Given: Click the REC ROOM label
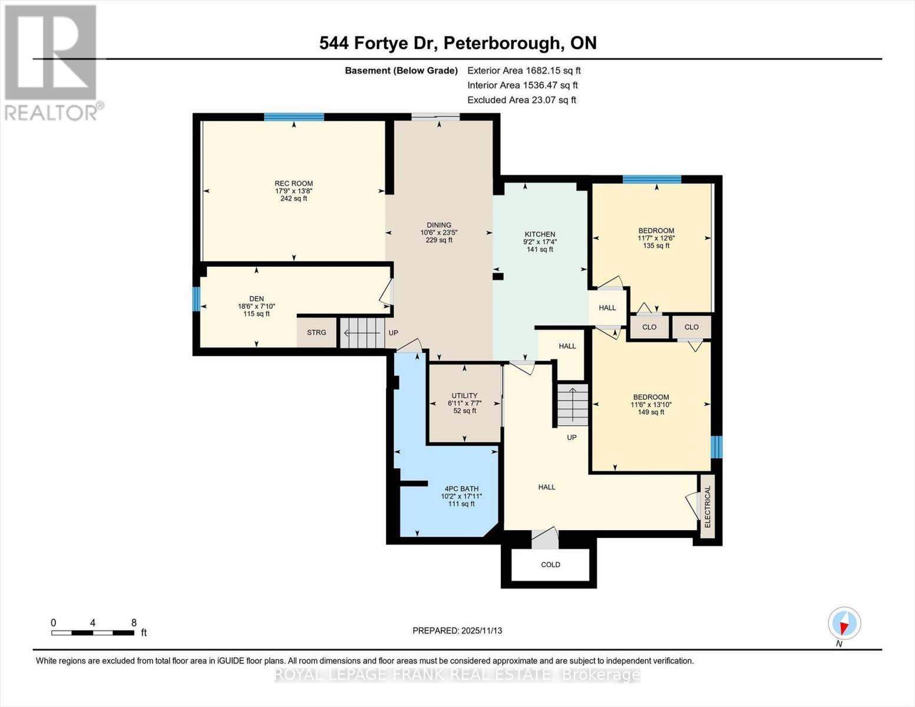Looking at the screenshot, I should tap(293, 184).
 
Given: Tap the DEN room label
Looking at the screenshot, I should tap(256, 299).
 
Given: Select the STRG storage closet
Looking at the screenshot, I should tap(316, 333).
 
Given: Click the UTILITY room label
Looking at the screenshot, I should tap(464, 396).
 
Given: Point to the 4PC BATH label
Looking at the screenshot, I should tap(461, 488).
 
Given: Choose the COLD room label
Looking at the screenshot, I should tap(550, 564).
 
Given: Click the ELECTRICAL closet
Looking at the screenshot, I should tap(708, 507).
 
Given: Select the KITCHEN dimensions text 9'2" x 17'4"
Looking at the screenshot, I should tap(540, 242).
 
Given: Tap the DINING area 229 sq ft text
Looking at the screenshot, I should tap(439, 240).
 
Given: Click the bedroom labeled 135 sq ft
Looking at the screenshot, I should tap(656, 238).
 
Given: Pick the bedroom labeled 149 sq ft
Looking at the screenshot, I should tap(651, 404).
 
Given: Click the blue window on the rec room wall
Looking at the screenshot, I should tap(293, 117).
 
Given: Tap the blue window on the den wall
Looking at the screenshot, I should tap(196, 299).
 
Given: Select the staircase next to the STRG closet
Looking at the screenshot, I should tap(362, 333).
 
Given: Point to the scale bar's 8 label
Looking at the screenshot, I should tap(134, 623).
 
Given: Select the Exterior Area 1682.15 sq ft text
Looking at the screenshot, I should tap(524, 71).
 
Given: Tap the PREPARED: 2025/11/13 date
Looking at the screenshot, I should tap(457, 630).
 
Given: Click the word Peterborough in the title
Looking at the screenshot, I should tap(501, 43).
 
